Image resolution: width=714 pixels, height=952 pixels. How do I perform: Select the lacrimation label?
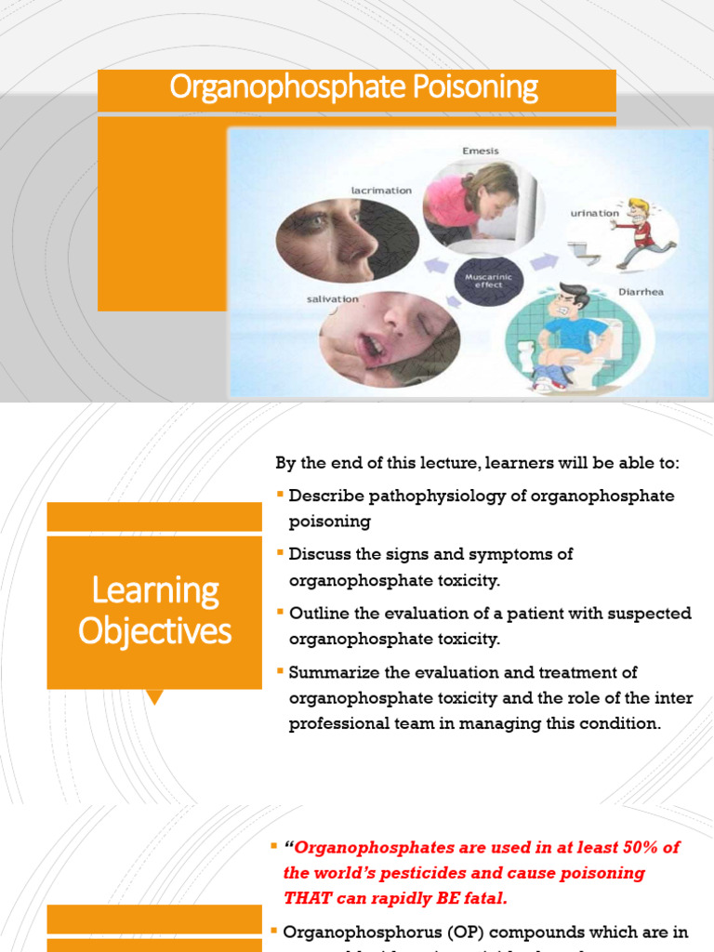(x=380, y=190)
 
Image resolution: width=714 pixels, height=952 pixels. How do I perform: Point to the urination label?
(x=594, y=213)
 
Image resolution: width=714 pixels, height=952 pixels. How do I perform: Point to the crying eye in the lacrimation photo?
(x=314, y=221)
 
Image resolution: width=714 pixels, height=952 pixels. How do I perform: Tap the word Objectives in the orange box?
(x=154, y=631)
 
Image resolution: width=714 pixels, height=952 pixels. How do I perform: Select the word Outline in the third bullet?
(x=317, y=613)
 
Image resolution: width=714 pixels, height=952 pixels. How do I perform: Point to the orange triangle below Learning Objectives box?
(x=154, y=696)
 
